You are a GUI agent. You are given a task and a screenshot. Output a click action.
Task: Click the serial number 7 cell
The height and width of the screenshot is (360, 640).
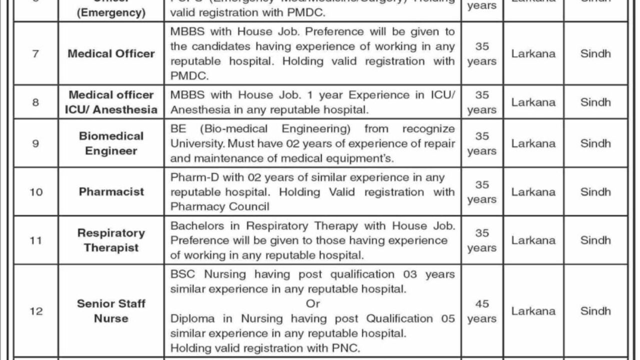35,53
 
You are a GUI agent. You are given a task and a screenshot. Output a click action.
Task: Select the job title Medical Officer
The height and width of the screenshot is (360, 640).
111,53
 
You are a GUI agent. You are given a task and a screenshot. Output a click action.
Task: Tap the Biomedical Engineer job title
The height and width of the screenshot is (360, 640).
111,143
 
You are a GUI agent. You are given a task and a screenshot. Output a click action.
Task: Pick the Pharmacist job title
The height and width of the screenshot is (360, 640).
111,191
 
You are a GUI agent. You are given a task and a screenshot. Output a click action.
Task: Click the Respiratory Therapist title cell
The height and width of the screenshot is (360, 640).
111,240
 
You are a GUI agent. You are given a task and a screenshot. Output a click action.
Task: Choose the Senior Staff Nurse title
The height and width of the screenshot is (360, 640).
111,310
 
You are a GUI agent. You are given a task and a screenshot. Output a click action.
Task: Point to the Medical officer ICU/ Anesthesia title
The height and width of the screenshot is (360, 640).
111,102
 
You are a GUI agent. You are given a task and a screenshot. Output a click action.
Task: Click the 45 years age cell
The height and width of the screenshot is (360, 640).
482,311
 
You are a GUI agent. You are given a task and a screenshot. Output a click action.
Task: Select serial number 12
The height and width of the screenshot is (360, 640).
36,311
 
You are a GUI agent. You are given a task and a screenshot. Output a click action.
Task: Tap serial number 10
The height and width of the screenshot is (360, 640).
36,191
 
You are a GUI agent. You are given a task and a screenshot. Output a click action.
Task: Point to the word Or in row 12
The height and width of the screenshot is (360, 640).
312,303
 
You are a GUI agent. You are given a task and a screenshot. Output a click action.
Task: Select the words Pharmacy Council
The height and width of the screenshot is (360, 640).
220,206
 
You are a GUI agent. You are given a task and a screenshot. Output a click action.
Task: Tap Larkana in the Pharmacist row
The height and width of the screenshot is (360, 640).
533,191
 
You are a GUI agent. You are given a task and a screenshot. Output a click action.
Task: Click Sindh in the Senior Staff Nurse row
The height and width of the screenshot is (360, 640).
595,311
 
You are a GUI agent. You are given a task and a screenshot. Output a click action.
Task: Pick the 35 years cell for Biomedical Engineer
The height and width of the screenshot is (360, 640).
482,143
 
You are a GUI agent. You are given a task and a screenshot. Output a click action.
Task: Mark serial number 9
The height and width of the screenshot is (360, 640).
35,143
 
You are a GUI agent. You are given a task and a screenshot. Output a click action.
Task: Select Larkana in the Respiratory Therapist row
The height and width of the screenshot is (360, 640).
533,240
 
